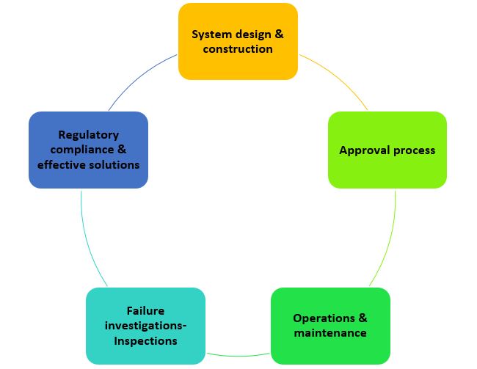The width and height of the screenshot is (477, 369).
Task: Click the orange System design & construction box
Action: [238, 41]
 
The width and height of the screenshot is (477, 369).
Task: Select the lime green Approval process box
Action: [387, 150]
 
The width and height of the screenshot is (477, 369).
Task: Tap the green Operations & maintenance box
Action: [330, 326]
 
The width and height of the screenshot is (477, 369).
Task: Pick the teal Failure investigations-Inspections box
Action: [145, 326]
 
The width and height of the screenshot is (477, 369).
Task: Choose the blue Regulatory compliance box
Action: [88, 150]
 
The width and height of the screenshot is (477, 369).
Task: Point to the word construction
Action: [238, 49]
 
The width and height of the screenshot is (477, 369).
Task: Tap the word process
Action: [412, 150]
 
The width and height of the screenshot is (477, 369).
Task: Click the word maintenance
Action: [330, 333]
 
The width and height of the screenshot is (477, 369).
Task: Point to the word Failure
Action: [145, 311]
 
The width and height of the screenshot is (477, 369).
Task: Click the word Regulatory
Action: [88, 135]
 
